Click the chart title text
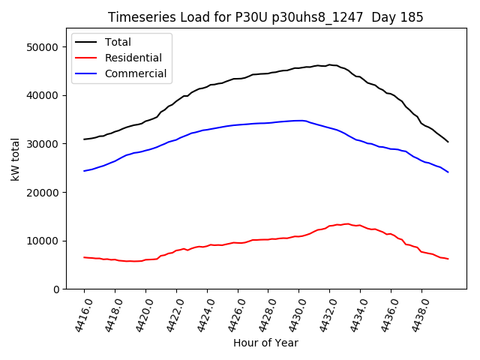click(x=265, y=17)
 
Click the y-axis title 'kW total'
click(x=15, y=160)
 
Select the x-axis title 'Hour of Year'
click(x=265, y=343)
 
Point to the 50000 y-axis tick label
click(x=43, y=47)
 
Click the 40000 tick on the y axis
click(x=43, y=95)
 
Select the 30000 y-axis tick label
click(x=43, y=144)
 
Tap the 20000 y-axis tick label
click(x=43, y=192)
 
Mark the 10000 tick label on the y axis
click(x=43, y=241)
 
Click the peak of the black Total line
click(x=328, y=64)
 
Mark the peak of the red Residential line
click(x=346, y=223)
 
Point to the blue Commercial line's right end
click(x=448, y=172)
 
